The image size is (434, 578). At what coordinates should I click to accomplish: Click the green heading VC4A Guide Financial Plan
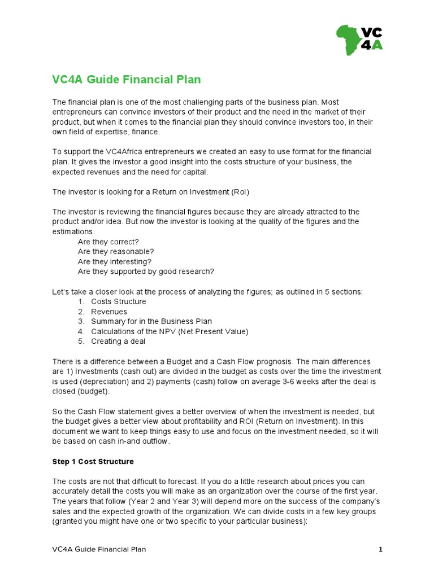tap(127, 80)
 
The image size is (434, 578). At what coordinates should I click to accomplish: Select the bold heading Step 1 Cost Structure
tap(93, 462)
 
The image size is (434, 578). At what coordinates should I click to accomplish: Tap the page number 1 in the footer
tap(381, 549)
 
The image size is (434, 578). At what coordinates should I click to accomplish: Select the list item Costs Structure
tap(118, 301)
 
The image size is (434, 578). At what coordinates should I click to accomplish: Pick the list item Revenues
tap(109, 312)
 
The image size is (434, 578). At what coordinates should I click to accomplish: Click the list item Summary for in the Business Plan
tap(151, 322)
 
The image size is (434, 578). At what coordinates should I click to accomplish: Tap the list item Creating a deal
tap(118, 341)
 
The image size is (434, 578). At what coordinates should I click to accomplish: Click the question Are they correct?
tap(108, 242)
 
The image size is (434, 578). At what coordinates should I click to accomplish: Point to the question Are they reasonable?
tap(116, 252)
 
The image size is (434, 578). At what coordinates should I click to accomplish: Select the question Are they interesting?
tap(115, 262)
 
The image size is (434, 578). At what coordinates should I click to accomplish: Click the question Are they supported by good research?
tap(146, 272)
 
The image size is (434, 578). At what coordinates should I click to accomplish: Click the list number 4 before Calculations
tap(81, 331)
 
